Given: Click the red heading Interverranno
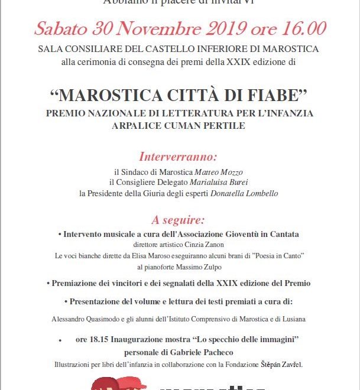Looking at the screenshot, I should click(x=179, y=157).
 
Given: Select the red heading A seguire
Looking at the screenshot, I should click(x=179, y=220).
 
